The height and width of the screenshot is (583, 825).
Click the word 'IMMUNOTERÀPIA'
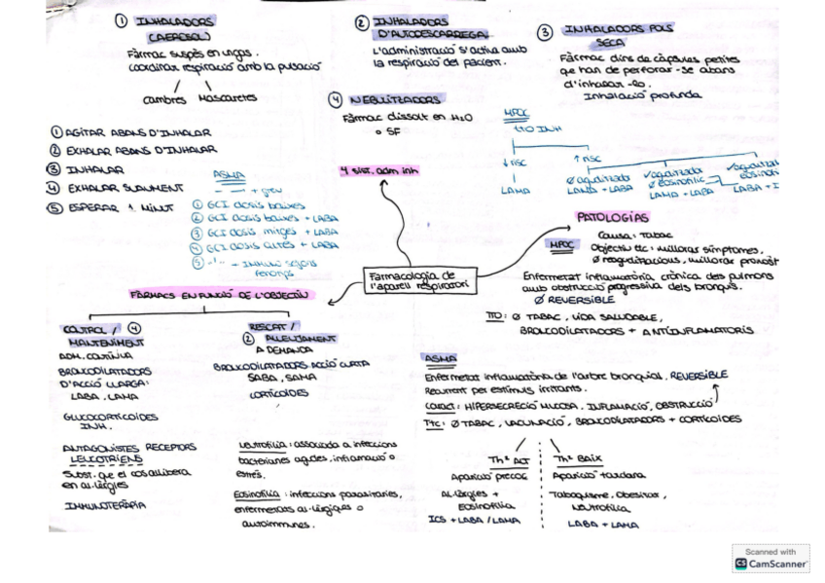coord(105,505)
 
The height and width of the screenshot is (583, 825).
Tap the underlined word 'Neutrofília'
coord(258,446)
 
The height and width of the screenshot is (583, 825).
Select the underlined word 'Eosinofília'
coord(259,493)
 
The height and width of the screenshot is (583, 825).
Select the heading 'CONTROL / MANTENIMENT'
coord(106,336)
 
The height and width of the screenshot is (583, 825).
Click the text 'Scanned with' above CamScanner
coord(771,552)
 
